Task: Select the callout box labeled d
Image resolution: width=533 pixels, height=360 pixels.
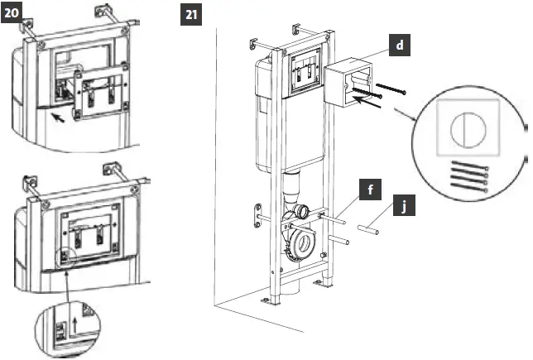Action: point(400,46)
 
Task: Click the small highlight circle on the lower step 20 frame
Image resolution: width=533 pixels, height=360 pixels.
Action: point(65,257)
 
